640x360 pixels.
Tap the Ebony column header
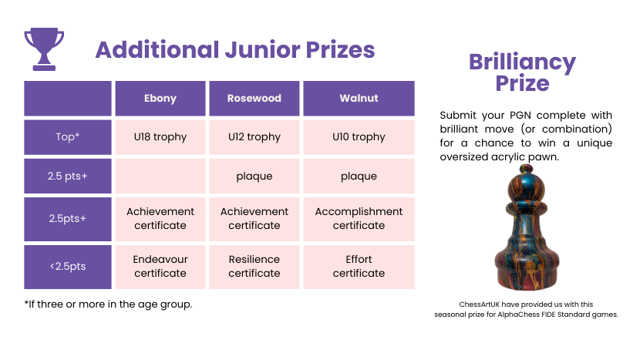160,99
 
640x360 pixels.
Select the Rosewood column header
254,99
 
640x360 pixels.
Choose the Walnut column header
359,99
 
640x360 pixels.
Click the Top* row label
68,137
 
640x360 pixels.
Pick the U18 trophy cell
160,137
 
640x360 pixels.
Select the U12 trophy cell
254,137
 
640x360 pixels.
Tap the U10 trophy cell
359,137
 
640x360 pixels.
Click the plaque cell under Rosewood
254,176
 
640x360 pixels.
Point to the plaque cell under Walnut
359,176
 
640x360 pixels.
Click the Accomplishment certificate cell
359,219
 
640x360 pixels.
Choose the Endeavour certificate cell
160,267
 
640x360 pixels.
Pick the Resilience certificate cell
254,267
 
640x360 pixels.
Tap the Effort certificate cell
359,267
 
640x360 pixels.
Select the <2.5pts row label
68,267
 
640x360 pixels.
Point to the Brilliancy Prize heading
523,72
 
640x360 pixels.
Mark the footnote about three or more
108,304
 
